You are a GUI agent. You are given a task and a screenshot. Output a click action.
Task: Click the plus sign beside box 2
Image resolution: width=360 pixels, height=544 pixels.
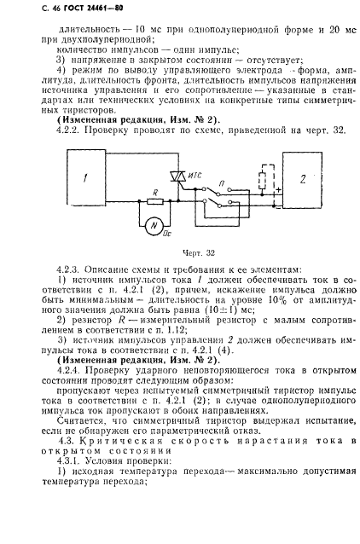coord(276,188)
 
